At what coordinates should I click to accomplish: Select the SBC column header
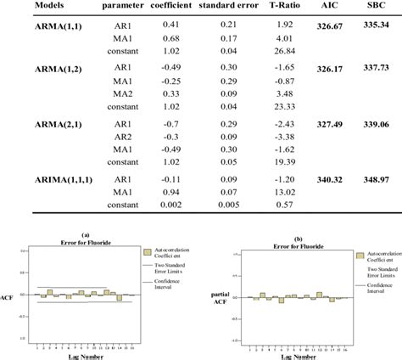pos(379,7)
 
